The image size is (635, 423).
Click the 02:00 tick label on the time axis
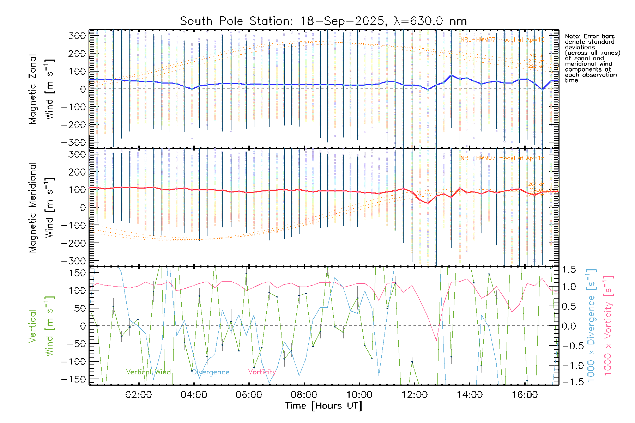(x=138, y=395)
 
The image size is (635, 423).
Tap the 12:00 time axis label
(x=415, y=395)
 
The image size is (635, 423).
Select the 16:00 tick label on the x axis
(x=525, y=395)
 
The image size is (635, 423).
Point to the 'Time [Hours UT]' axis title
(x=323, y=406)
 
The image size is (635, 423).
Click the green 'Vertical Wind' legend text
(x=148, y=372)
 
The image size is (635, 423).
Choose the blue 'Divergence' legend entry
(x=211, y=372)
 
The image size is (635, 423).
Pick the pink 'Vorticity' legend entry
(x=262, y=372)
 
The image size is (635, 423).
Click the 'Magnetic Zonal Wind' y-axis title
(x=42, y=89)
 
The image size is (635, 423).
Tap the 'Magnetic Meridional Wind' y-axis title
(x=42, y=207)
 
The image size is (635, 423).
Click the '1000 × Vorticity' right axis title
(x=608, y=326)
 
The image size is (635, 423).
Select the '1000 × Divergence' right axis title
(x=591, y=326)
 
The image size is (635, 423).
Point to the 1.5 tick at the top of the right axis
(x=569, y=270)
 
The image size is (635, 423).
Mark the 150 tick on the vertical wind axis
(x=78, y=273)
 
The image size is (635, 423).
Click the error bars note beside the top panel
(x=592, y=58)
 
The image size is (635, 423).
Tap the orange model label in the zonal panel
(x=502, y=40)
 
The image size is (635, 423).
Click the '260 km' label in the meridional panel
(x=536, y=184)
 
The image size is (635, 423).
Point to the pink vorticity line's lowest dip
(x=436, y=341)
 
